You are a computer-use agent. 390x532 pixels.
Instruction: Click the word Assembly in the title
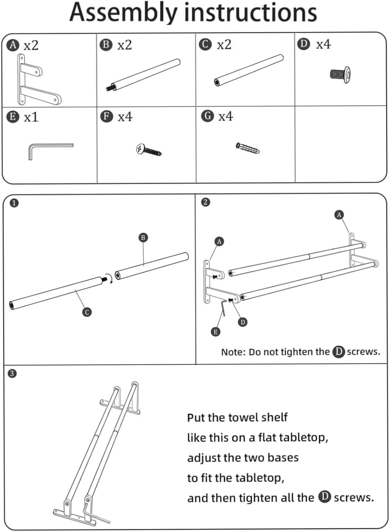click(x=123, y=12)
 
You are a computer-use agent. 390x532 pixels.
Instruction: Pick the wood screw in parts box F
click(x=149, y=150)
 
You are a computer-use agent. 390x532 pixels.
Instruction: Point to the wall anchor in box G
click(x=247, y=148)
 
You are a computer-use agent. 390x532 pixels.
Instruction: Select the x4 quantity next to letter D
click(x=323, y=44)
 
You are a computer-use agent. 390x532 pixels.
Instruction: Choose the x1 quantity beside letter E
click(x=31, y=117)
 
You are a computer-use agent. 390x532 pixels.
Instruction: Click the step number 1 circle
click(x=14, y=203)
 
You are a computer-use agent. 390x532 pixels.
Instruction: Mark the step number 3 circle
click(x=12, y=373)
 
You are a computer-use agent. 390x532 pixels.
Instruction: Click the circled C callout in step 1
click(x=87, y=312)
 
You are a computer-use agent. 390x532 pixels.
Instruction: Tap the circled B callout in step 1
click(x=143, y=237)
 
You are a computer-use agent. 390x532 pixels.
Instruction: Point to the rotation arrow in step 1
click(x=110, y=277)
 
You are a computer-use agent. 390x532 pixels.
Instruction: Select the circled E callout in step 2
click(x=215, y=332)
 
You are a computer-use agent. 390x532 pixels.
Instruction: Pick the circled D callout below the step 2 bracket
click(x=243, y=322)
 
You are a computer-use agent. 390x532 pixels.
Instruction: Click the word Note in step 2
click(x=233, y=352)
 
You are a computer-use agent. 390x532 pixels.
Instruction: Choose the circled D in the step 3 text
click(x=324, y=497)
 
